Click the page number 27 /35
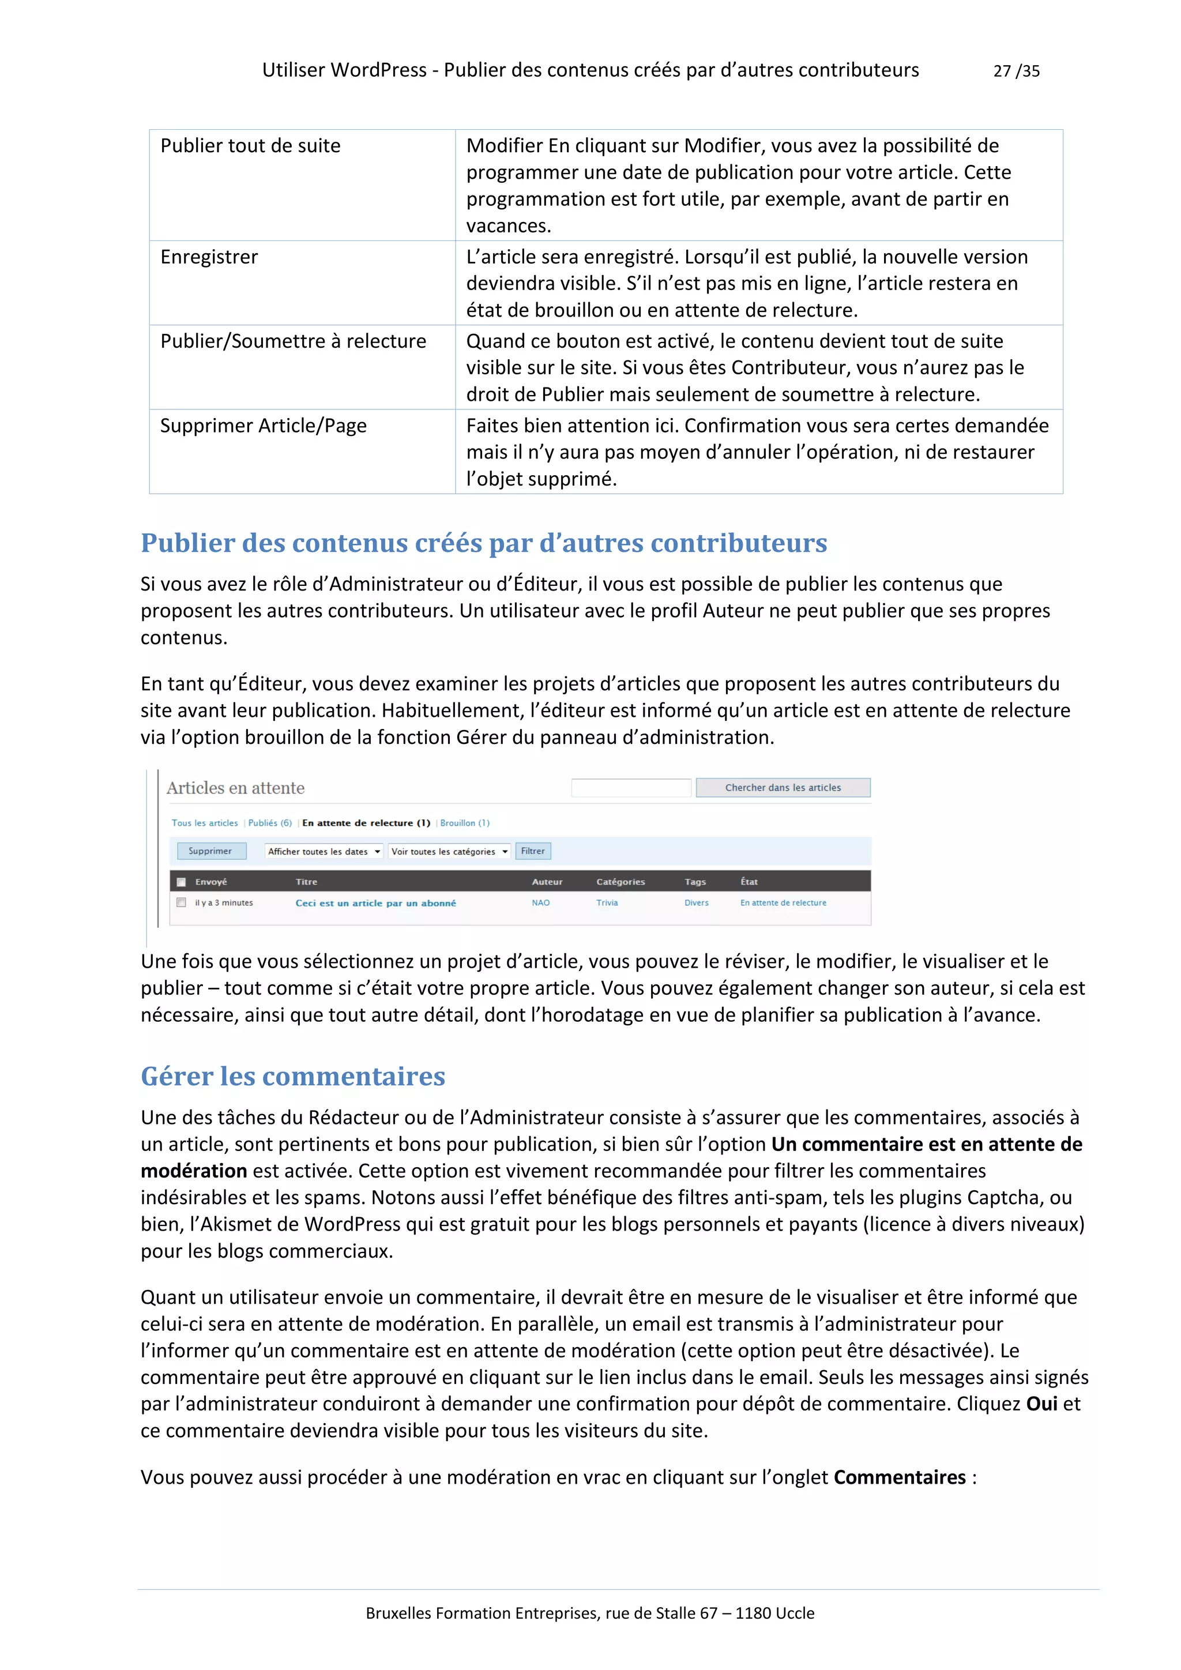[1016, 70]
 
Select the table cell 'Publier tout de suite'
[250, 145]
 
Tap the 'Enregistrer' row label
[209, 257]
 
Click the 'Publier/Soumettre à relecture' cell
[293, 341]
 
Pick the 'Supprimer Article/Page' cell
[264, 426]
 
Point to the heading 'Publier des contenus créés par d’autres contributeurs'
[484, 543]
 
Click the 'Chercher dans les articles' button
[783, 788]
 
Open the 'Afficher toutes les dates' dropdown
[324, 852]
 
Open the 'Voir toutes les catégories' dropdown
[449, 852]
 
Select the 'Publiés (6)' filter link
[270, 823]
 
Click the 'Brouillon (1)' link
[465, 823]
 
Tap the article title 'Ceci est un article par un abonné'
[375, 902]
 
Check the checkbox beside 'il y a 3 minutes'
[181, 902]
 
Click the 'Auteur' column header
[547, 882]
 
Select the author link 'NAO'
[540, 902]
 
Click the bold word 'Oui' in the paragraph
[1041, 1404]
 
